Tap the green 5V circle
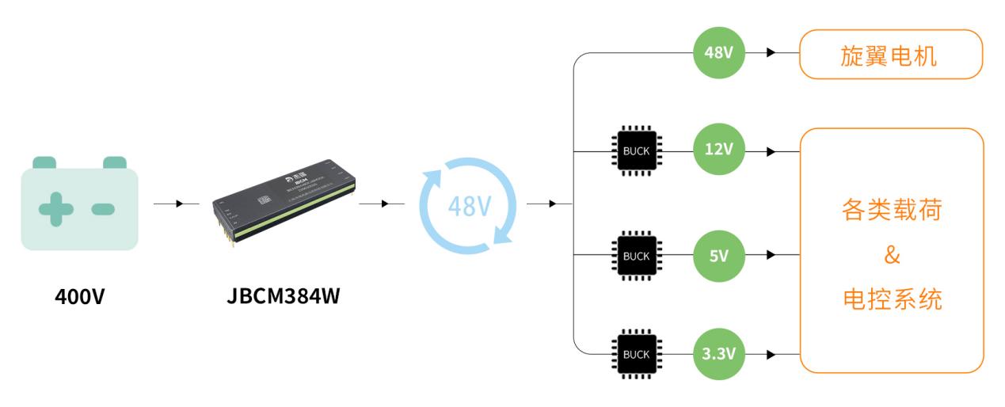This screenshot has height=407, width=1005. [x=719, y=255]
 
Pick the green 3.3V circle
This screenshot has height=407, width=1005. [x=719, y=353]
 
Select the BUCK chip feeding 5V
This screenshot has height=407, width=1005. [x=635, y=255]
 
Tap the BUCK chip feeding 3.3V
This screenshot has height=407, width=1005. [x=635, y=353]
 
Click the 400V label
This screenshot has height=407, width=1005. [x=79, y=299]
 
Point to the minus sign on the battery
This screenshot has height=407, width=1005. [x=103, y=209]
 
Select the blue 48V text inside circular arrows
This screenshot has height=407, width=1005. [x=468, y=205]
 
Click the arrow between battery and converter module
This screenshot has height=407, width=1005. [x=178, y=204]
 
